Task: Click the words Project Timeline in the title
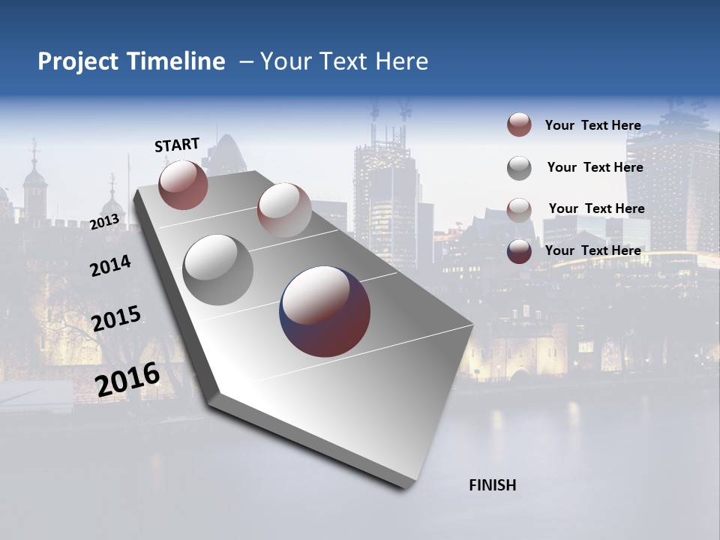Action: [131, 61]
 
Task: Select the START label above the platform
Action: [177, 145]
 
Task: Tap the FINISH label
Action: [492, 485]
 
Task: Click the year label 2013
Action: [104, 222]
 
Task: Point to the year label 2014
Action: [110, 265]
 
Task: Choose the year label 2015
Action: [116, 319]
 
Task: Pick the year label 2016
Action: [127, 379]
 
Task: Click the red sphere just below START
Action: [183, 184]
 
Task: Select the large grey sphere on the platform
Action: [217, 269]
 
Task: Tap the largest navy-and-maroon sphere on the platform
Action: [325, 311]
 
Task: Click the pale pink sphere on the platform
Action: [284, 209]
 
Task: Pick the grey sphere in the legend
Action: [519, 168]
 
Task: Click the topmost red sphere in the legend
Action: [519, 125]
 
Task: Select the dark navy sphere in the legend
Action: [519, 251]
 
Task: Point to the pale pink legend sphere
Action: [519, 209]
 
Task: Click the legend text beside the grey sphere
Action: [595, 167]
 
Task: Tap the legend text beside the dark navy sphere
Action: [592, 250]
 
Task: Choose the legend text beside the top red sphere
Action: [592, 125]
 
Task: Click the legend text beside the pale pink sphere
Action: [596, 208]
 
